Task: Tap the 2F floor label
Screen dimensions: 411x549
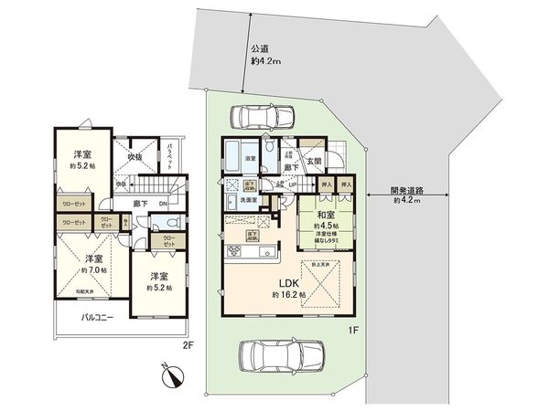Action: (188, 346)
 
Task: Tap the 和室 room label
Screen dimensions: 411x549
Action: (326, 217)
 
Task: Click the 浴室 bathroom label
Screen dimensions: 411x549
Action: (250, 159)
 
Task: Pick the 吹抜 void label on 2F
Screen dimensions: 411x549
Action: (135, 156)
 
